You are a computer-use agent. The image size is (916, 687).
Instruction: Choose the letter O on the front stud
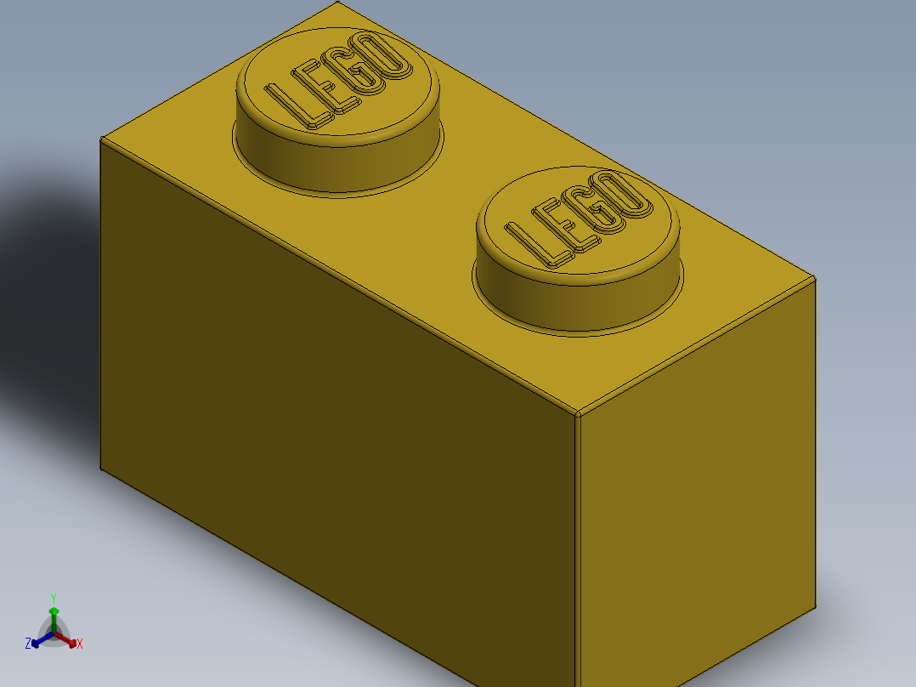tap(625, 195)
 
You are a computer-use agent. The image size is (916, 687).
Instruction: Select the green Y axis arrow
tap(54, 612)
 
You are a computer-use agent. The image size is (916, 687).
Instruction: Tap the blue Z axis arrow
tap(37, 642)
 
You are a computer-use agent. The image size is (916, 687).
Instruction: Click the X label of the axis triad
tap(80, 644)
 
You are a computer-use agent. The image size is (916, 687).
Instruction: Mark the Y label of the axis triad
tap(53, 598)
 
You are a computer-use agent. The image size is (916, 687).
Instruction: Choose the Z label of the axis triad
tap(28, 644)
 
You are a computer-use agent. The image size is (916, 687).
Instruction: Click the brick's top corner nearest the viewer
tap(578, 415)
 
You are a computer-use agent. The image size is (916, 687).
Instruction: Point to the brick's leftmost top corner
tap(101, 139)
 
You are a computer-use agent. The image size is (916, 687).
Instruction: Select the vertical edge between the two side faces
tap(578, 553)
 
